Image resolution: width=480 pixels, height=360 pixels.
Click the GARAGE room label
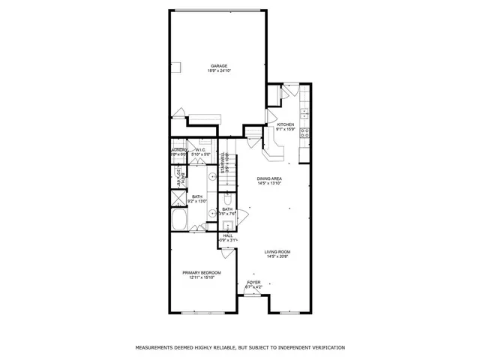click(x=218, y=66)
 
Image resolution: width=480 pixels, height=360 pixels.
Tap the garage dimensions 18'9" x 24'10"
click(x=218, y=71)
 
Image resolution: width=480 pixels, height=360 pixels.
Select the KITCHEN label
click(x=285, y=124)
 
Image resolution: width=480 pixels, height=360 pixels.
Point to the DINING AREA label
click(x=269, y=178)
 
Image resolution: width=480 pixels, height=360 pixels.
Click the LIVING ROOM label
click(x=277, y=251)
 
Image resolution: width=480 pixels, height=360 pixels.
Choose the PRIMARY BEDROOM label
click(x=199, y=273)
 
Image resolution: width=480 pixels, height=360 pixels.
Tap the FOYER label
click(x=253, y=282)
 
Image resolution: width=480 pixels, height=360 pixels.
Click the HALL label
click(x=228, y=235)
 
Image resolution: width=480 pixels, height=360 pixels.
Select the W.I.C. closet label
click(x=200, y=150)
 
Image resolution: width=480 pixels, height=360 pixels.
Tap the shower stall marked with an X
click(x=177, y=198)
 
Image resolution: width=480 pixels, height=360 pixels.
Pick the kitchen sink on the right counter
click(x=304, y=114)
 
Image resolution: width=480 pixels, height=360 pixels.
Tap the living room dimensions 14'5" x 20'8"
click(x=277, y=256)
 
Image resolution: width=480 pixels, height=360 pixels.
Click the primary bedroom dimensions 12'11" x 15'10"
click(x=199, y=278)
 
